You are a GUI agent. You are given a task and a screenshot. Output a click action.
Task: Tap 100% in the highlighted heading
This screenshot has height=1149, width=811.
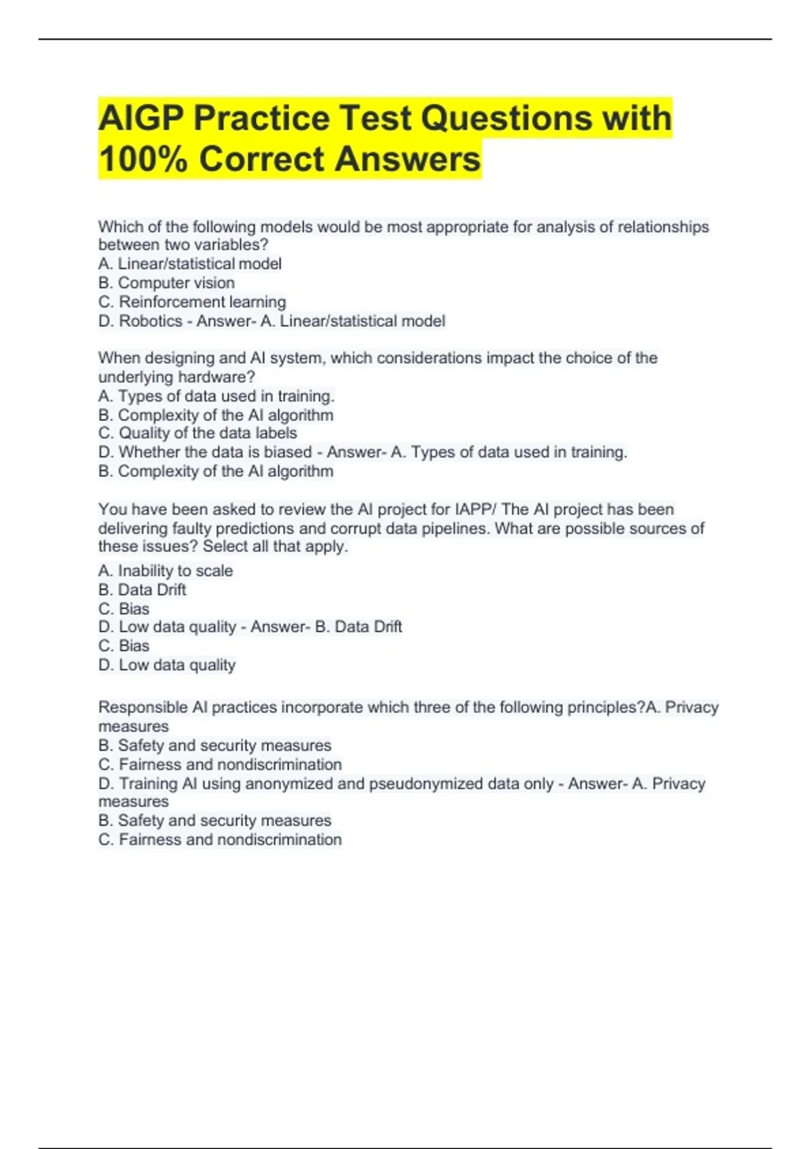[x=143, y=160]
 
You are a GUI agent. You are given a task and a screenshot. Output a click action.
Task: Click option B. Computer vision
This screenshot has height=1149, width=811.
[x=166, y=283]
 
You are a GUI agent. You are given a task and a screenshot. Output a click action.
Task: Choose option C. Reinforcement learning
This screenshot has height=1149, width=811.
[x=192, y=301]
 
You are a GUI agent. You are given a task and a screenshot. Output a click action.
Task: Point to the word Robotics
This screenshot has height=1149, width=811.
[x=150, y=321]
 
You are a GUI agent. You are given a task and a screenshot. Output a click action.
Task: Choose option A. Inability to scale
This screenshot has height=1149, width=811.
[x=166, y=570]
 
